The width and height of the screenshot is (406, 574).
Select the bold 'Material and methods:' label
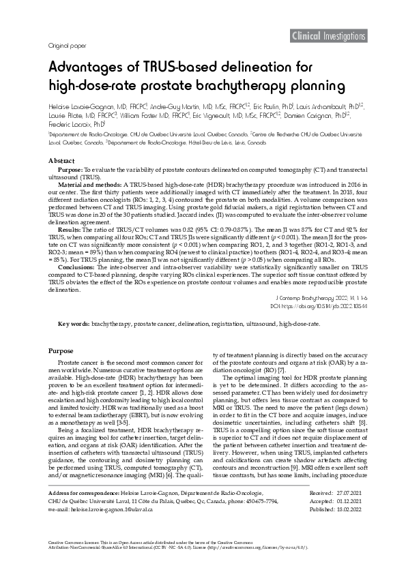coord(89,185)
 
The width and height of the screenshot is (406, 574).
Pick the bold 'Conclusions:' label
coord(79,267)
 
